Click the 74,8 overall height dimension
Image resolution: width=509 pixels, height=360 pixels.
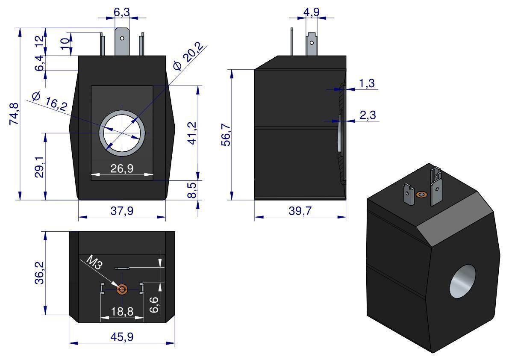click(x=14, y=114)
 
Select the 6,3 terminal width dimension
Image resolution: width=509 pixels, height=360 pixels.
click(x=122, y=13)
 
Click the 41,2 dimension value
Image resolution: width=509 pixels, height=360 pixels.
click(x=191, y=133)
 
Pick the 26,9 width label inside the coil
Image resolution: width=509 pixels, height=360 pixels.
click(x=122, y=168)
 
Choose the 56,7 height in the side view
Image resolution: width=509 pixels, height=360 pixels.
click(x=226, y=135)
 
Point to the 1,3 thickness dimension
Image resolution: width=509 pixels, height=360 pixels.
click(x=367, y=83)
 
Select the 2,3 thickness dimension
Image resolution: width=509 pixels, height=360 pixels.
click(x=367, y=115)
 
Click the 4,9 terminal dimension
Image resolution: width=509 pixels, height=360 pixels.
click(x=311, y=12)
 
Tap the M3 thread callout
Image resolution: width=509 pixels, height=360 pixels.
click(x=94, y=262)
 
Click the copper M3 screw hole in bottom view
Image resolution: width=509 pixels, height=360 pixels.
click(x=122, y=290)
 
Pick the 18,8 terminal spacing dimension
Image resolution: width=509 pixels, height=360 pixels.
click(x=122, y=312)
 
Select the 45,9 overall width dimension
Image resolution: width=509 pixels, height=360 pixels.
click(x=122, y=337)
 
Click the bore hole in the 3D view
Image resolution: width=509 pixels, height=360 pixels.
click(x=462, y=281)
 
